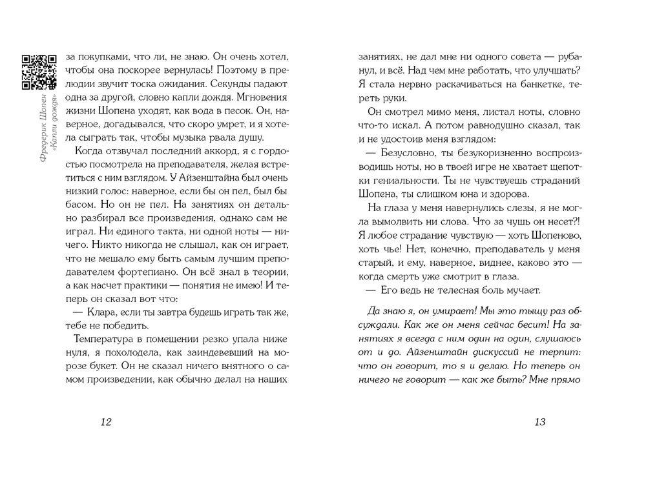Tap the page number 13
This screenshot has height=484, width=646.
541,422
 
